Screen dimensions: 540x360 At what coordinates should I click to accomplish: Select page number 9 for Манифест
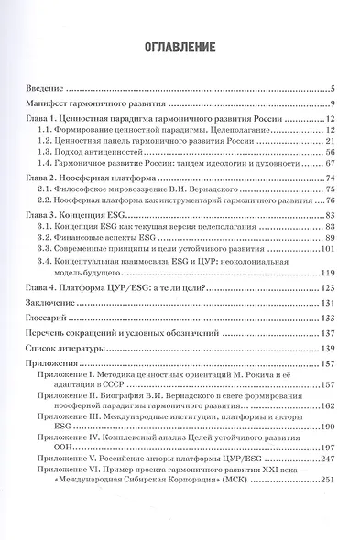click(x=338, y=103)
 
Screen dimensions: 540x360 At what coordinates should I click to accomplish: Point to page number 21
click(x=333, y=144)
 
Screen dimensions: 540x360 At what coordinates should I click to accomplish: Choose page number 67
click(x=333, y=168)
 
